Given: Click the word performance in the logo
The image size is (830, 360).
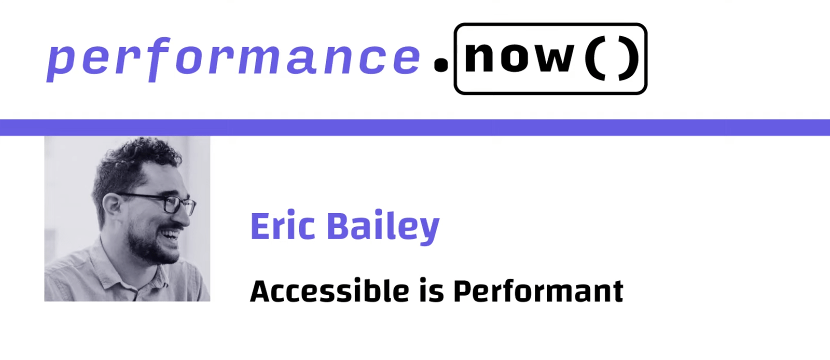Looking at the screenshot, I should (x=234, y=58).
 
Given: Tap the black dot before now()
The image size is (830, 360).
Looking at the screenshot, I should (x=441, y=64).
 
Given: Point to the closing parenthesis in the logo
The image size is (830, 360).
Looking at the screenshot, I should (x=628, y=59).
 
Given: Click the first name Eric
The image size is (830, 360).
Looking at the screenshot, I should (x=282, y=226).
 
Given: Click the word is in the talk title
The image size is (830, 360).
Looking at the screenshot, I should (x=431, y=290).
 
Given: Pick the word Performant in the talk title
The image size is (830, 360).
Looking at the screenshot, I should (x=538, y=291).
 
